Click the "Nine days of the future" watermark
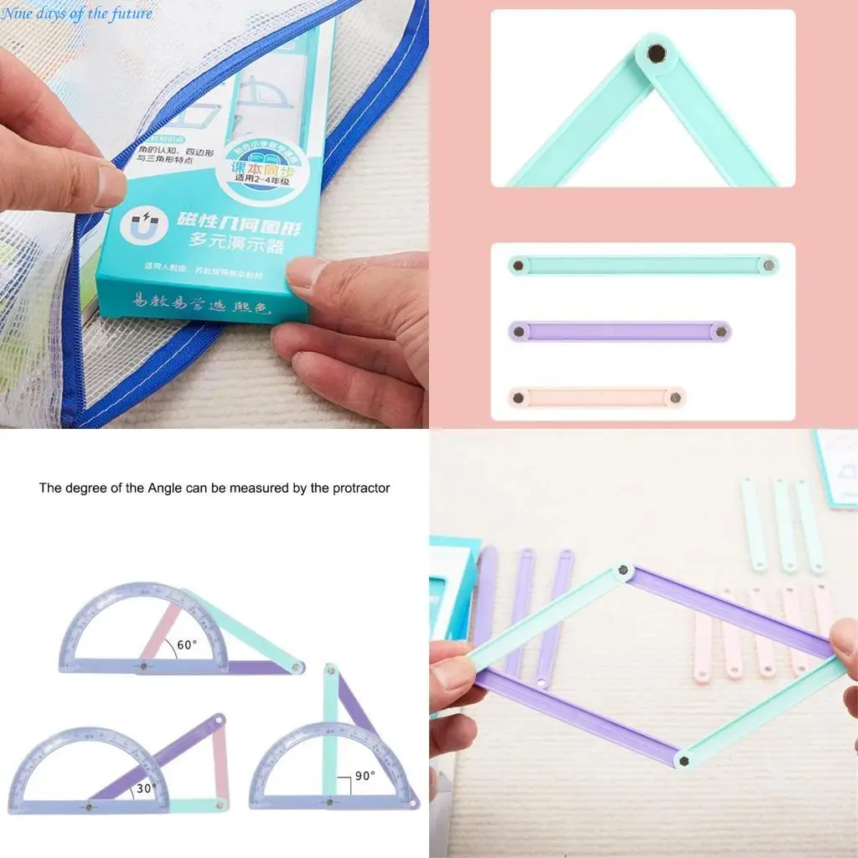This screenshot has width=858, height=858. [77, 13]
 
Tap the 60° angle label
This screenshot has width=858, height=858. [186, 645]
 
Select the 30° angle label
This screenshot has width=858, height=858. [147, 788]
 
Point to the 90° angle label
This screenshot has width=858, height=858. [364, 776]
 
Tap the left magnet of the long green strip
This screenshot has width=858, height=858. [519, 266]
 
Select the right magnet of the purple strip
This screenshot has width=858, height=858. [721, 332]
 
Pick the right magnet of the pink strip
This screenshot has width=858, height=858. [675, 397]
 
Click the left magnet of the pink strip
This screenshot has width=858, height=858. [519, 397]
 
